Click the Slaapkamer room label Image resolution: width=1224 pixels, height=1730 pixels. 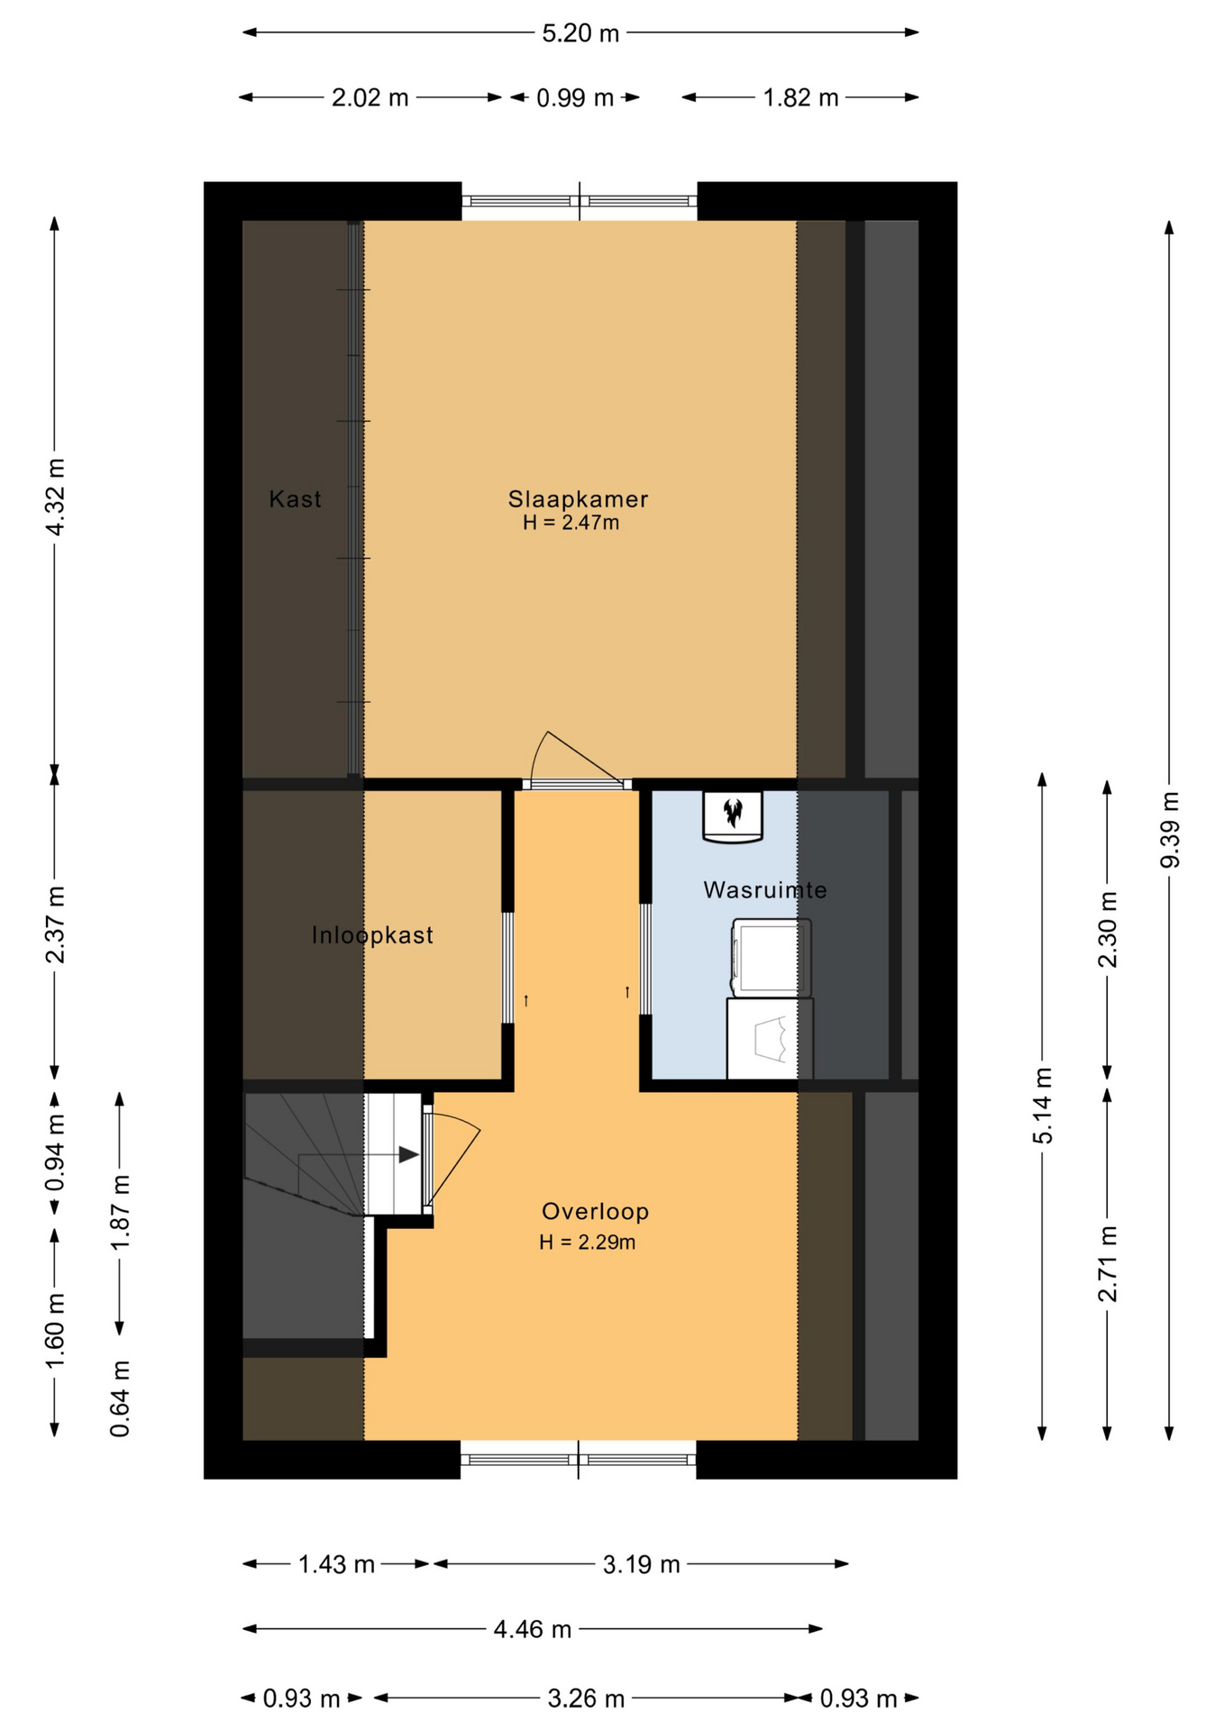(x=578, y=499)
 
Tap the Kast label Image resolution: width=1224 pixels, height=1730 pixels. (x=295, y=499)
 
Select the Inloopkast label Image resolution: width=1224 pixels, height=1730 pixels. (x=372, y=935)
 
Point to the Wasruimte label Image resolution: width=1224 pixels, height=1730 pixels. (x=764, y=890)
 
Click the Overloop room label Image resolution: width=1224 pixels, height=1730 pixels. (x=595, y=1212)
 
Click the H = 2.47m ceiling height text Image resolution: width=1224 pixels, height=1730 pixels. (x=571, y=523)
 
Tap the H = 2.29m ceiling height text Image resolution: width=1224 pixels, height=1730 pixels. (x=587, y=1243)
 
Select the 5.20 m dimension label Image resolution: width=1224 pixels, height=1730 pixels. (x=580, y=33)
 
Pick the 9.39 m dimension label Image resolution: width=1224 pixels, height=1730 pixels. (x=1170, y=830)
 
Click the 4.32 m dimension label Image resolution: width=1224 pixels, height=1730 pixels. (x=55, y=496)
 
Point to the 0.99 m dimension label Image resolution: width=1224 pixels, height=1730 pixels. (x=575, y=98)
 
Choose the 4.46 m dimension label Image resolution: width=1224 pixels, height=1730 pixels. (x=532, y=1629)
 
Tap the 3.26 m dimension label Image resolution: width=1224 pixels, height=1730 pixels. (x=586, y=1699)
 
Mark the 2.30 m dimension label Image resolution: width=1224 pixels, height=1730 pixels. (x=1108, y=929)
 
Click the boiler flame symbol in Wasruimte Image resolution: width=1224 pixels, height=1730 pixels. (x=733, y=812)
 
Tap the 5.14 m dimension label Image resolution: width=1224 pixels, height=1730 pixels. (x=1043, y=1106)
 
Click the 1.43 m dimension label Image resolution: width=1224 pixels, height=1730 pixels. (x=336, y=1565)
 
